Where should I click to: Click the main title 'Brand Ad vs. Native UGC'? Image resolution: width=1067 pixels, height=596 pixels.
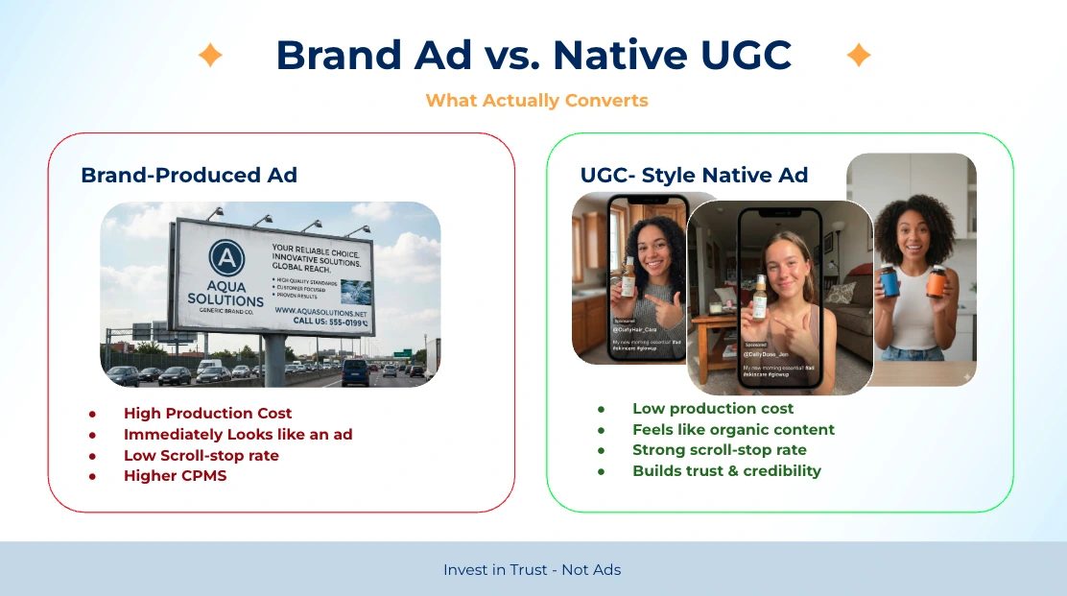pyautogui.click(x=533, y=56)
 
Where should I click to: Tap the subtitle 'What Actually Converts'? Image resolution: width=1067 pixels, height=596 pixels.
pyautogui.click(x=536, y=101)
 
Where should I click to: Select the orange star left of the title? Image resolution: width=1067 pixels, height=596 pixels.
pyautogui.click(x=210, y=56)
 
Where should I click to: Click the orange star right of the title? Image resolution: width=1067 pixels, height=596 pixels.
pyautogui.click(x=858, y=56)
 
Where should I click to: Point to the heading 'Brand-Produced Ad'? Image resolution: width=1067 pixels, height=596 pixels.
pyautogui.click(x=189, y=175)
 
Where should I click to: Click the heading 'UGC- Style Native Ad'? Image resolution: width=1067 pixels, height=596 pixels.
pyautogui.click(x=694, y=175)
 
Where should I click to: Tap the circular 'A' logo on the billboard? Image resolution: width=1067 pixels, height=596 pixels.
pyautogui.click(x=225, y=257)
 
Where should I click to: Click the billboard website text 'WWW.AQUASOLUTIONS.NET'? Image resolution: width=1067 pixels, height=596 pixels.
pyautogui.click(x=320, y=311)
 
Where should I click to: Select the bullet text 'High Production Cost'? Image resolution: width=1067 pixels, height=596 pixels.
pyautogui.click(x=207, y=414)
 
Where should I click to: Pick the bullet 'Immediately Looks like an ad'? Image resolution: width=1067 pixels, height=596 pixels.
pyautogui.click(x=238, y=435)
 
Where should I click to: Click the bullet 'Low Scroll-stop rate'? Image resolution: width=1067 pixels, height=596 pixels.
pyautogui.click(x=202, y=455)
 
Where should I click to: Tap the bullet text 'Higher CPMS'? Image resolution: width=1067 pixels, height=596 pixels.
pyautogui.click(x=175, y=476)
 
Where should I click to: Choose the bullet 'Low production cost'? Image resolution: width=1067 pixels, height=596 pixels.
pyautogui.click(x=713, y=409)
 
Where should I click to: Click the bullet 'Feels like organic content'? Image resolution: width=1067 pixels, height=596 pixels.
pyautogui.click(x=733, y=430)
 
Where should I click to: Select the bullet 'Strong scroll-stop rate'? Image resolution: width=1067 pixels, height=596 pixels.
pyautogui.click(x=719, y=450)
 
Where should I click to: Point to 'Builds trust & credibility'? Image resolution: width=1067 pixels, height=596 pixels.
pyautogui.click(x=726, y=471)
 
